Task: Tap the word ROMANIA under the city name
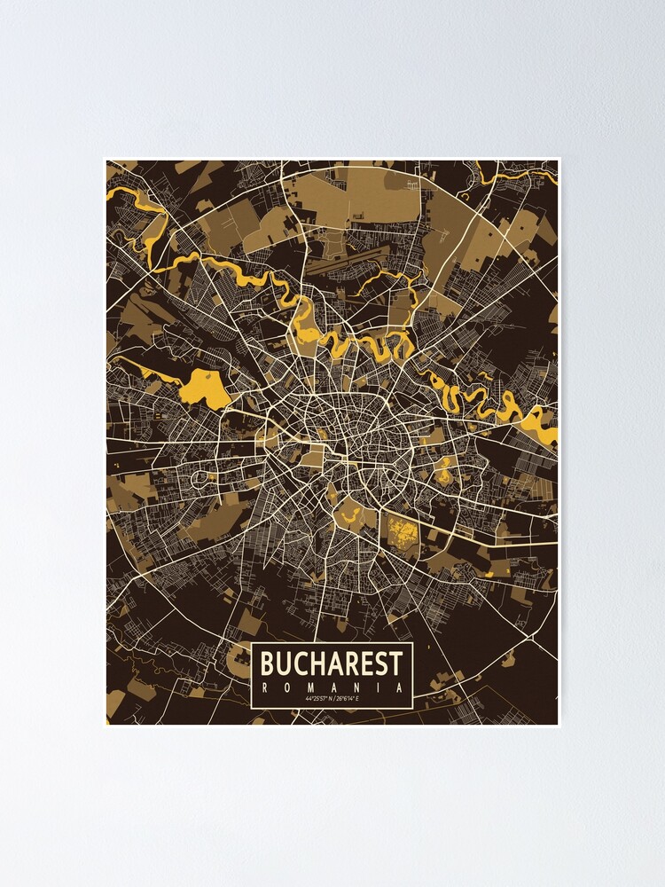point(332,687)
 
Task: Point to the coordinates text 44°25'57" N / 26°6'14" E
point(332,700)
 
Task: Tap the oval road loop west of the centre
point(201,479)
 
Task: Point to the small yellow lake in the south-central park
point(341,511)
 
